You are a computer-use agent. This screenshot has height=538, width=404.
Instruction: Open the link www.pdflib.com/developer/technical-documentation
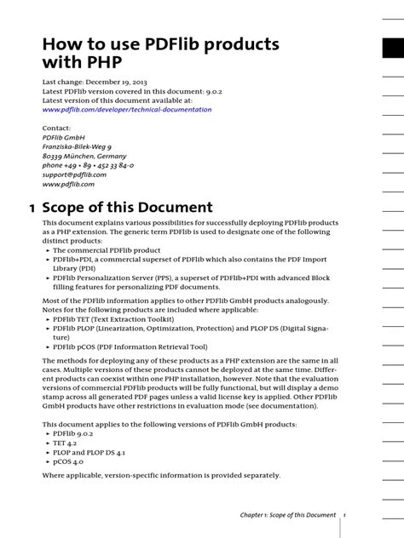pyautogui.click(x=127, y=110)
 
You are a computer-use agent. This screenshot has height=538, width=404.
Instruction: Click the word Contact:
pyautogui.click(x=58, y=128)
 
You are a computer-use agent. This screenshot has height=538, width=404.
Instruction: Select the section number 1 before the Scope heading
pyautogui.click(x=32, y=208)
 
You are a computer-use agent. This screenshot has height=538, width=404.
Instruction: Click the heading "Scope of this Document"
pyautogui.click(x=138, y=208)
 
